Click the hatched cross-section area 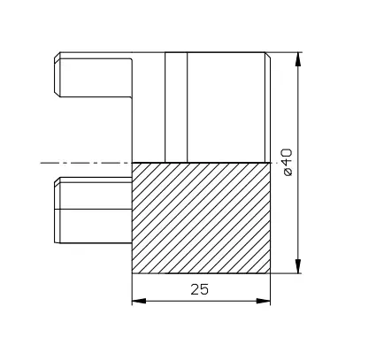200,217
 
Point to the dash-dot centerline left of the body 84,163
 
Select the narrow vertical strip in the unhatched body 176,106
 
